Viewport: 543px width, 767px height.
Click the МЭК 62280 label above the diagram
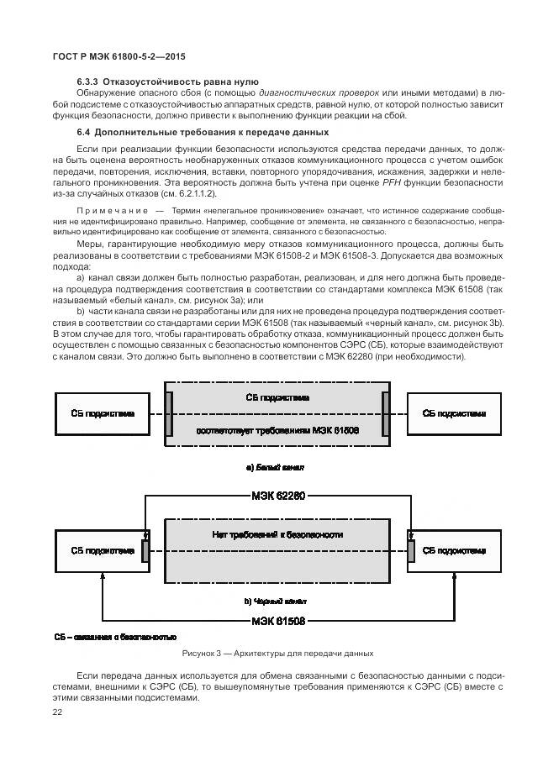[x=277, y=496]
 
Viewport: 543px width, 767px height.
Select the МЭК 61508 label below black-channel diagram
[x=277, y=622]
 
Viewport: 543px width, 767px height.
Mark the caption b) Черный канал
[x=275, y=602]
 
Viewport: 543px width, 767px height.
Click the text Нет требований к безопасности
[x=277, y=535]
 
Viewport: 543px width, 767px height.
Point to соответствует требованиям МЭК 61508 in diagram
[x=277, y=430]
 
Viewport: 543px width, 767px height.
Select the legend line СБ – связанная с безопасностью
[x=115, y=637]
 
